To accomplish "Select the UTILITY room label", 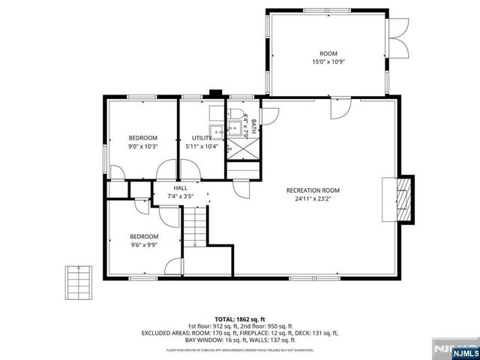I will (x=202, y=138).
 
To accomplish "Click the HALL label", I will (x=181, y=188).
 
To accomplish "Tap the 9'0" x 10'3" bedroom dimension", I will (x=142, y=147).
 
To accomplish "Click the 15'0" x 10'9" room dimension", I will (x=328, y=63).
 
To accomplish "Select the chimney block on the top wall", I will (x=215, y=94).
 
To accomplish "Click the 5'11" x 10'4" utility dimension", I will (x=202, y=147).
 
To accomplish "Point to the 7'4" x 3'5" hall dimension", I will (x=181, y=197).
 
